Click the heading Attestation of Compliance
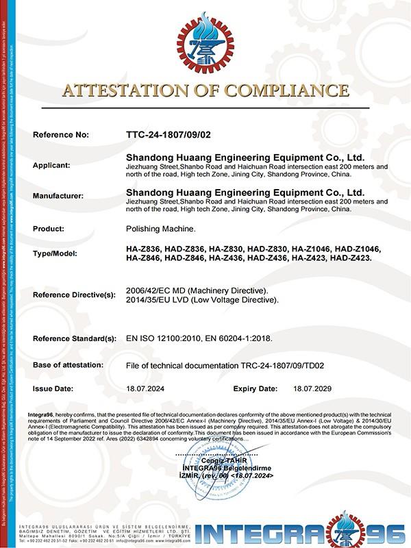(x=206, y=90)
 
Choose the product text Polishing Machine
(x=161, y=228)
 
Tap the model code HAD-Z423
(x=350, y=258)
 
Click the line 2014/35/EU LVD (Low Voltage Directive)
(x=203, y=300)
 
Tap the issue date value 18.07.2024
(x=147, y=388)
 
